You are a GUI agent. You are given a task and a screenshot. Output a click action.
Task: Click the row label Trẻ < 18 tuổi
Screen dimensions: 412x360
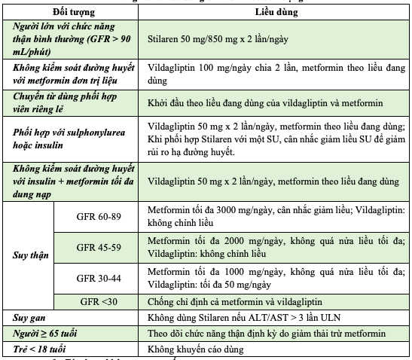pyautogui.click(x=41, y=349)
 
